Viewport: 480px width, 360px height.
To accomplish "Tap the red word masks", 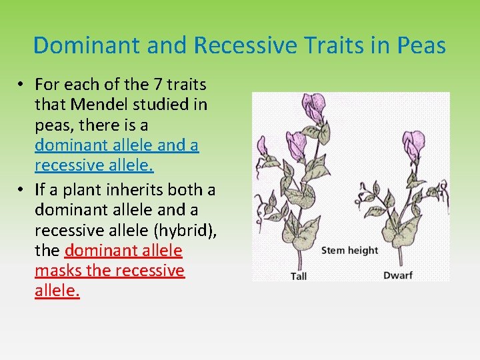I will [57, 270].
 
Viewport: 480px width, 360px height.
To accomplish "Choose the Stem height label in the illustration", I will [349, 251].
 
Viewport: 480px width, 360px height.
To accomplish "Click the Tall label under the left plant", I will [298, 276].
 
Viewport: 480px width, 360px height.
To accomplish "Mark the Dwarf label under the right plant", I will [397, 276].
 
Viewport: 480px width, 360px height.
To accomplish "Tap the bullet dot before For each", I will [22, 85].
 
